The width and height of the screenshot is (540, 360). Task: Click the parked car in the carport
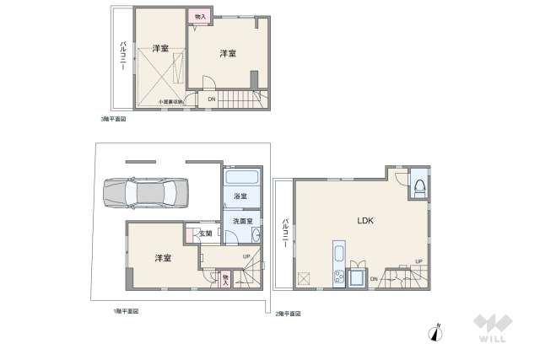pyautogui.click(x=146, y=193)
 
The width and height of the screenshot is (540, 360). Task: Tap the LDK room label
pyautogui.click(x=365, y=220)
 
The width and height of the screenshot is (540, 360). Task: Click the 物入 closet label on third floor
pyautogui.click(x=201, y=17)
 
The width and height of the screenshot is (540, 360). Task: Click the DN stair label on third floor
pyautogui.click(x=212, y=98)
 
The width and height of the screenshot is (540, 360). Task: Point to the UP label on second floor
pyautogui.click(x=418, y=261)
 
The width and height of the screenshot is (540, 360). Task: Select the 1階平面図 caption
pyautogui.click(x=126, y=311)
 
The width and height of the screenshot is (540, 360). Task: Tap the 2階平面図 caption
pyautogui.click(x=286, y=313)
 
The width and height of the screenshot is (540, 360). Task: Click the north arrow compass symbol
pyautogui.click(x=436, y=332)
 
